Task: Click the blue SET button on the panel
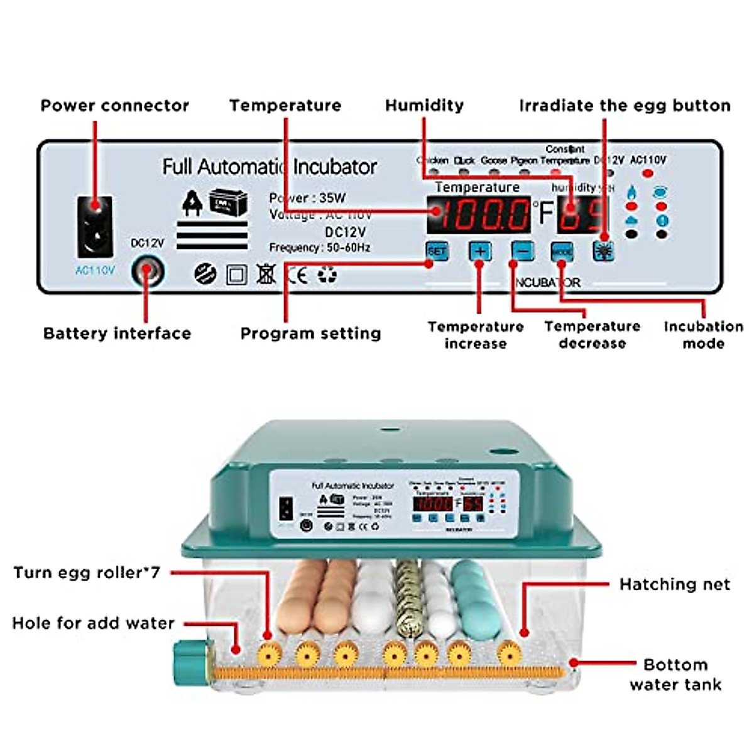coord(437,251)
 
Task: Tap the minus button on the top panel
coord(522,251)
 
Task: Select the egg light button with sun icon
coord(603,251)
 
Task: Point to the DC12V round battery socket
coord(147,273)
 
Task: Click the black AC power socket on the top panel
coord(95,226)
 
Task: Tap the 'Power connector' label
coord(114,106)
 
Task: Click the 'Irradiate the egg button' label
coord(625,106)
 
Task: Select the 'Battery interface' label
coord(117,333)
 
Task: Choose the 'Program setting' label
coord(310,333)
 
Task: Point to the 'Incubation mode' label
coord(703,335)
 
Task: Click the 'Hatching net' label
coord(674,584)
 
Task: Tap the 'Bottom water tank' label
coord(675,674)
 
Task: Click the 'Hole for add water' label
coord(93,623)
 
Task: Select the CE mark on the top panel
coord(297,275)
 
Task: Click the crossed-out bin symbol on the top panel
coord(266,275)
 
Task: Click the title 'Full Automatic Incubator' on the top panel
coord(270,167)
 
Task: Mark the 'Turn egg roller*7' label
coord(87,572)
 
